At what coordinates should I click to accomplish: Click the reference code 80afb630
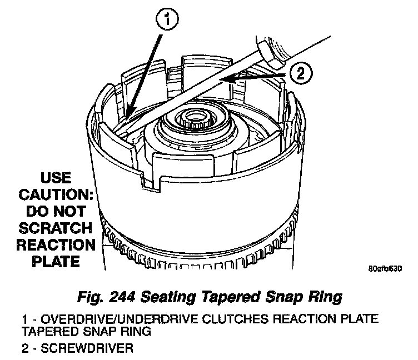coord(385,269)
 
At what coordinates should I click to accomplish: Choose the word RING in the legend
coord(136,331)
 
